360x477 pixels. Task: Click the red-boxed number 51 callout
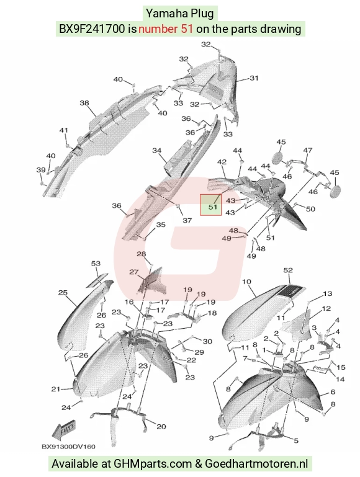[x=213, y=207]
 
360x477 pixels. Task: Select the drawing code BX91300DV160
[x=68, y=447]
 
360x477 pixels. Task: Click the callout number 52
[x=288, y=270]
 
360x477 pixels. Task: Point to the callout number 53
[x=96, y=263]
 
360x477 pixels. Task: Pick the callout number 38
[x=84, y=103]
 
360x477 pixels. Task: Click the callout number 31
[x=254, y=78]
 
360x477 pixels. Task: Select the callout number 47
[x=308, y=150]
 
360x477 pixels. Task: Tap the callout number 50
[x=310, y=208]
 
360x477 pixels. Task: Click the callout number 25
[x=63, y=293]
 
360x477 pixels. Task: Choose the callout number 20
[x=161, y=427]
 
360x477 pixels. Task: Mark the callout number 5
[x=296, y=440]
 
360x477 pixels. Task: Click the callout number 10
[x=246, y=282]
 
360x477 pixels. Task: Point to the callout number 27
[x=134, y=272]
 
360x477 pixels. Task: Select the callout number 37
[x=187, y=220]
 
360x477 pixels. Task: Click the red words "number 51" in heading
[x=166, y=29]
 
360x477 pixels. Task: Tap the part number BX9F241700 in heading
[x=92, y=29]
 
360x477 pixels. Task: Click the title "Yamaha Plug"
[x=180, y=14]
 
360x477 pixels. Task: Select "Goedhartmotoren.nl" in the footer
[x=256, y=463]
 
